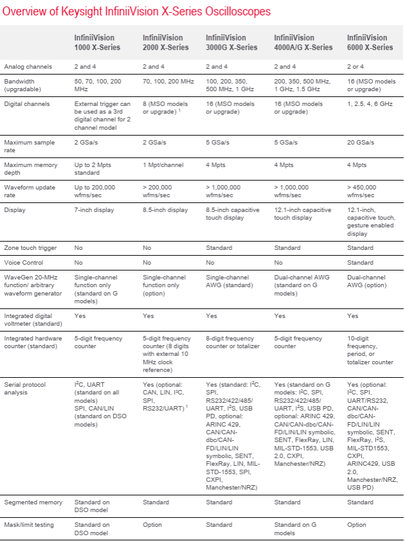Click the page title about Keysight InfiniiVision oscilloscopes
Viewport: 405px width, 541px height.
click(x=136, y=12)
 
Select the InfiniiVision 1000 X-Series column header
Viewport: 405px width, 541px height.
click(x=98, y=42)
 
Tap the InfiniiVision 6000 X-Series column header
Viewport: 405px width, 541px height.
click(x=370, y=42)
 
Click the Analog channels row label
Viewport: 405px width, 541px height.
click(x=28, y=67)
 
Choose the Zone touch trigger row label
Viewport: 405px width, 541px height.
click(x=30, y=248)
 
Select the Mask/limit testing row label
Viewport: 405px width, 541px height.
click(x=30, y=525)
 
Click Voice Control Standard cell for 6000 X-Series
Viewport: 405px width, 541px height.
click(x=360, y=263)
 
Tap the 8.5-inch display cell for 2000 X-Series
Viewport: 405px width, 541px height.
click(x=166, y=209)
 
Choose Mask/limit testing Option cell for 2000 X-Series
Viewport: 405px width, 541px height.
click(x=152, y=525)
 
